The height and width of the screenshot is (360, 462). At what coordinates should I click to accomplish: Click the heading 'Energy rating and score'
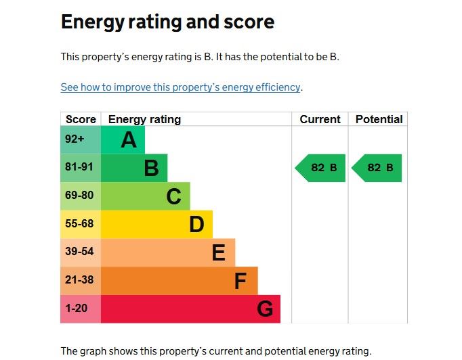tap(167, 22)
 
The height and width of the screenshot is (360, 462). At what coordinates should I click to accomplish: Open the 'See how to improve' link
tap(180, 87)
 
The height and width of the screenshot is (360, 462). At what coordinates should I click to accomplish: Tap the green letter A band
tap(123, 140)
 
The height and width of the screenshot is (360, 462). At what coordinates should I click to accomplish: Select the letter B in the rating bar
tap(151, 168)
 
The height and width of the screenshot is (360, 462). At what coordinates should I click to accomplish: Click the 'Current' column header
tap(320, 119)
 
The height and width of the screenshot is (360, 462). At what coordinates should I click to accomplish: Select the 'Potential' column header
tap(379, 119)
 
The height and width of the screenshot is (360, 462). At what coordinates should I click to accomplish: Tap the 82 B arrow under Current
tap(321, 168)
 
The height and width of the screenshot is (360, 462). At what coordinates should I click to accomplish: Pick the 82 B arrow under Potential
tap(377, 168)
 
